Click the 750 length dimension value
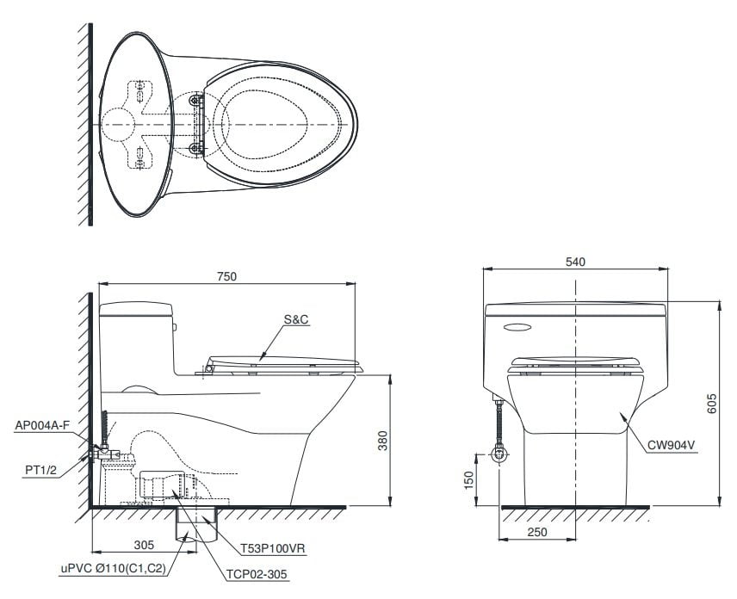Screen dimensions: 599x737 226,276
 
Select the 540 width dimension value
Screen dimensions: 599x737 575,262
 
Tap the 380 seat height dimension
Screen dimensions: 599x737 381,441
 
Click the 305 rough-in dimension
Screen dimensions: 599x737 145,543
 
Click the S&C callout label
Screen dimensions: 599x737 296,319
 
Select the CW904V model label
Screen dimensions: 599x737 672,445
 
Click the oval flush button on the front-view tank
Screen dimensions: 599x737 516,326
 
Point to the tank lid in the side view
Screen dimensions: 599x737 136,307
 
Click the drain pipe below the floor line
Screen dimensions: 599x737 188,526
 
